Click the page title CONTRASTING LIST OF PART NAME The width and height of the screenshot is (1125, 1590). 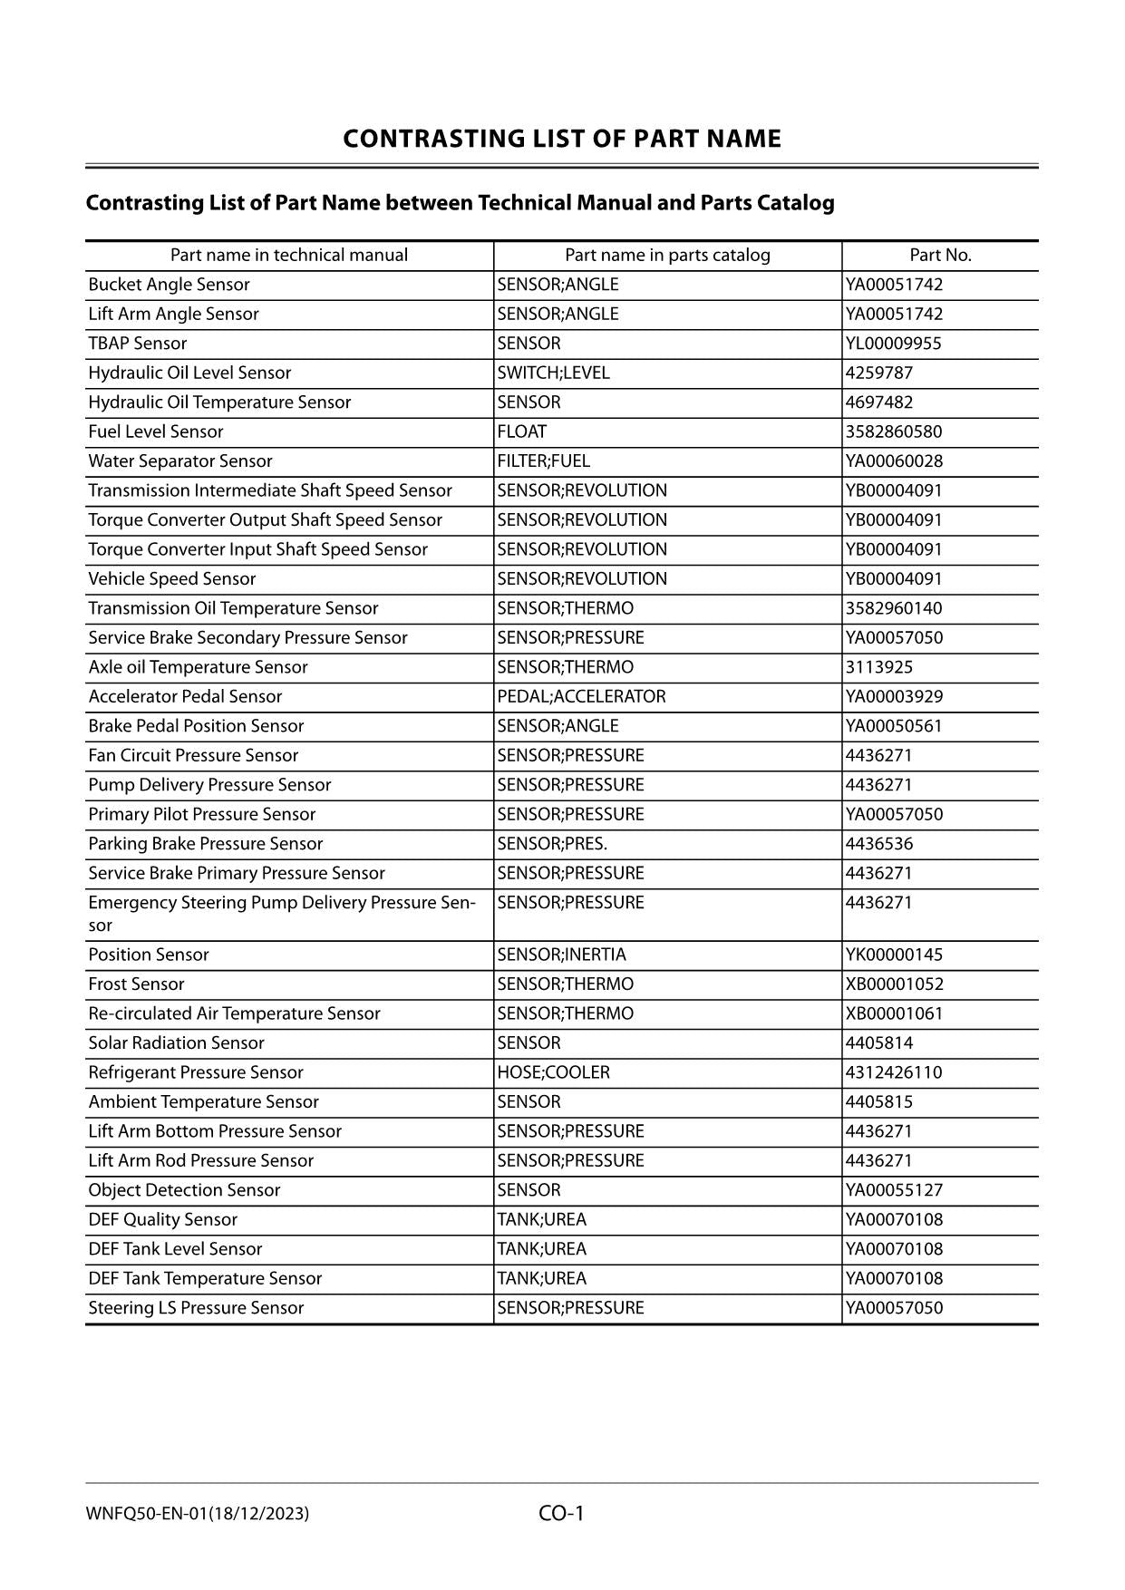click(x=561, y=139)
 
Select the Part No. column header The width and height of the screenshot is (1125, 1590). click(x=940, y=256)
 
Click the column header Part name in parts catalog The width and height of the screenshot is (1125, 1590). click(x=667, y=256)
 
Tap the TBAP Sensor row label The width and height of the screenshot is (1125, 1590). click(x=138, y=344)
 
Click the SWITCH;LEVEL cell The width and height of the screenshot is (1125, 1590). click(x=553, y=373)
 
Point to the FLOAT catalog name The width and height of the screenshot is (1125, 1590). click(x=522, y=431)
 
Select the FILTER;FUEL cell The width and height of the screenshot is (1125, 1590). click(x=543, y=461)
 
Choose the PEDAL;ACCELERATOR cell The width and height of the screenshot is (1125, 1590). click(x=581, y=696)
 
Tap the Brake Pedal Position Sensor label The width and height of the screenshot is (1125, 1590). click(x=196, y=726)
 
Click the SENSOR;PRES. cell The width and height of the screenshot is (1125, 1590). click(x=552, y=844)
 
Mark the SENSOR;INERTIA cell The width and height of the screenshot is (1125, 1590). click(x=561, y=955)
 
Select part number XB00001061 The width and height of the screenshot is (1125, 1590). click(x=894, y=1013)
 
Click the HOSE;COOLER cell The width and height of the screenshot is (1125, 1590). click(x=553, y=1072)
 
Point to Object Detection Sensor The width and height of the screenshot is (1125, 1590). click(x=184, y=1190)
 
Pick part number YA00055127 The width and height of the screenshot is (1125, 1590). click(x=894, y=1190)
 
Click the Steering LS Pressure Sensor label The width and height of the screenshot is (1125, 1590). click(x=196, y=1308)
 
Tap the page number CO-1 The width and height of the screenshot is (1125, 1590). click(x=561, y=1513)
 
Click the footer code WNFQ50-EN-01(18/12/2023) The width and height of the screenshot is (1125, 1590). click(x=198, y=1514)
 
